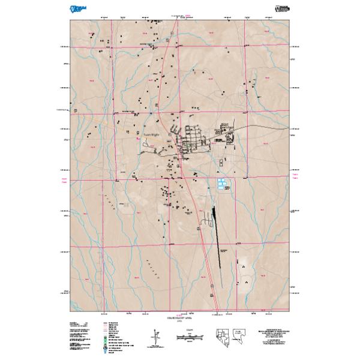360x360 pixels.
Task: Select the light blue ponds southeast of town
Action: [x=223, y=185]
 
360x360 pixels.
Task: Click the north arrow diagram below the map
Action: [x=156, y=337]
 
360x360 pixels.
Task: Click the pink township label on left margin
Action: [x=64, y=180]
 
